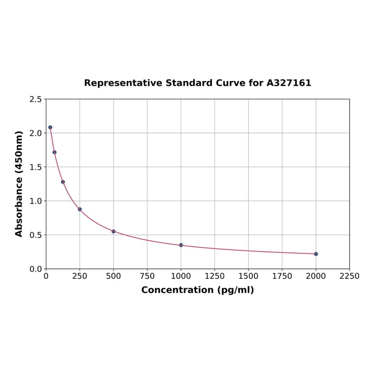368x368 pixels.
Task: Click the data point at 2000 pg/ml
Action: pos(316,254)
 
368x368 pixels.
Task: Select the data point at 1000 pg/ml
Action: pos(181,245)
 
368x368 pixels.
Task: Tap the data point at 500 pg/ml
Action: pos(114,231)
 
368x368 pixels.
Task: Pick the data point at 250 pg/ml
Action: pos(80,209)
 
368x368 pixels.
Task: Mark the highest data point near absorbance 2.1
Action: pos(50,127)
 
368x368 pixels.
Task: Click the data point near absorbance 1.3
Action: pos(63,182)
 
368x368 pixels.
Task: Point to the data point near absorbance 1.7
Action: pos(54,152)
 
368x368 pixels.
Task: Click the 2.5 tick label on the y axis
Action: pos(35,99)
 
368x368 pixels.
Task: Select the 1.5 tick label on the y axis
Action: pos(35,167)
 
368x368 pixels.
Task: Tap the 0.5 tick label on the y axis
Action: pos(35,235)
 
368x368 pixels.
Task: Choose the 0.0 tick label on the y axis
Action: pos(35,269)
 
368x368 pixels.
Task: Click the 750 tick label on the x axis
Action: pos(147,276)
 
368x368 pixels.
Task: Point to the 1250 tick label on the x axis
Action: pos(215,276)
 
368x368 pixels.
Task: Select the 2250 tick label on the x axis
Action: pos(350,276)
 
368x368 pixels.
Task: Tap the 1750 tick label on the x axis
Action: pos(282,276)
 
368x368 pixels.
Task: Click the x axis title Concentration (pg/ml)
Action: pos(197,290)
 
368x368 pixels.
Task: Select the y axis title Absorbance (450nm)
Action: pos(19,184)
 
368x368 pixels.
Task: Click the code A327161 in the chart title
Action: pos(289,83)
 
